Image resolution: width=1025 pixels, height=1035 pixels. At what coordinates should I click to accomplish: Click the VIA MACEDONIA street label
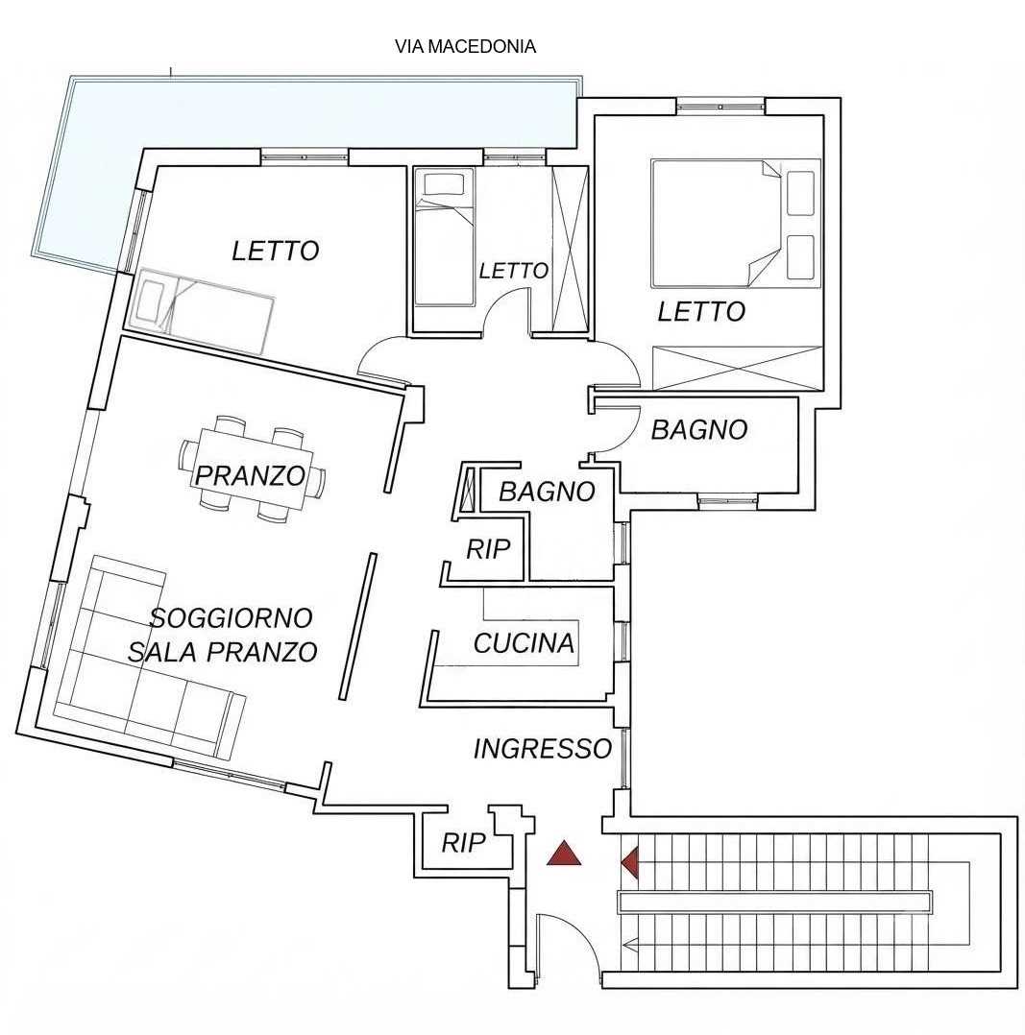465,47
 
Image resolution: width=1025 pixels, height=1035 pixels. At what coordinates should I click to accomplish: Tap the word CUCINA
524,643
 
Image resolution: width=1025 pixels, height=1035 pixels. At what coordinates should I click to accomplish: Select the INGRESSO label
542,749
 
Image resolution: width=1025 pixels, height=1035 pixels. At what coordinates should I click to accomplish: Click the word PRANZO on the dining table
251,475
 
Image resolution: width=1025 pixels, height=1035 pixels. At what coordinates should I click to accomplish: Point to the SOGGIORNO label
232,618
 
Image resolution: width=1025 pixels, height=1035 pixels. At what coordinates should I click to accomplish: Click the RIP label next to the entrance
464,842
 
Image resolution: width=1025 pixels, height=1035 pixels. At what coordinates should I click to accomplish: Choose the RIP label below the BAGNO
489,549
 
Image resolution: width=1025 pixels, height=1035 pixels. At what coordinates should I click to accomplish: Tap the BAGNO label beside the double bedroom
699,430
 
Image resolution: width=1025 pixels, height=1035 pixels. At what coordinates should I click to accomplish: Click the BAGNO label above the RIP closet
547,492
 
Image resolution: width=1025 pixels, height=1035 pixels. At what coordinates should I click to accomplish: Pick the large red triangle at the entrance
563,854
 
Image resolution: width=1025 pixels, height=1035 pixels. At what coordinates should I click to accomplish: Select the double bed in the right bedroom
735,223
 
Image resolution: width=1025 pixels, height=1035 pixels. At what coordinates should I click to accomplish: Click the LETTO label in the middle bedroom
513,270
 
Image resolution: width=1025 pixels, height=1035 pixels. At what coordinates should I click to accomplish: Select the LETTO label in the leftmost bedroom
276,251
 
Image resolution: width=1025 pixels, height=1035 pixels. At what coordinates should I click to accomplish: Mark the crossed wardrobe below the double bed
738,368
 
